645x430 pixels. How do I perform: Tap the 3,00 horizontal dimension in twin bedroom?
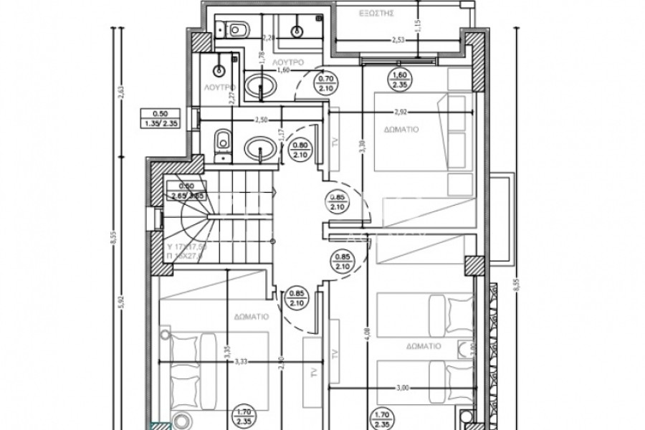click(401, 388)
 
